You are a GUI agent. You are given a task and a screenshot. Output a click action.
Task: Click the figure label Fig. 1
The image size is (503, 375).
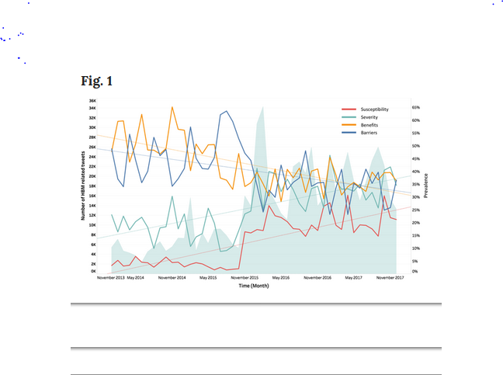point(97,81)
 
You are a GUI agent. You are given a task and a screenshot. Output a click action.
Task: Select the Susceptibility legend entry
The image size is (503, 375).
point(374,109)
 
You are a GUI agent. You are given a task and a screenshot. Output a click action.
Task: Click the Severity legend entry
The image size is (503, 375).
point(369,117)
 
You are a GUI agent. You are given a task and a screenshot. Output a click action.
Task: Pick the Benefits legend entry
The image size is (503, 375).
point(369,125)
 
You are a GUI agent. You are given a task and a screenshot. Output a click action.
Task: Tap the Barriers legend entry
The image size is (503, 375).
point(369,133)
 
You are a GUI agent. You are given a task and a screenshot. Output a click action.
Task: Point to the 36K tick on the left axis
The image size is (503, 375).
point(92,101)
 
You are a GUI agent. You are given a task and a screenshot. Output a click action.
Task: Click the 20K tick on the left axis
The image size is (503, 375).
point(92,176)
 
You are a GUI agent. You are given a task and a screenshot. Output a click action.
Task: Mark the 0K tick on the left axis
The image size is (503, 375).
point(93,272)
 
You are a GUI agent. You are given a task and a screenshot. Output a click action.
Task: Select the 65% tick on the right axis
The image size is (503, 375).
point(416,107)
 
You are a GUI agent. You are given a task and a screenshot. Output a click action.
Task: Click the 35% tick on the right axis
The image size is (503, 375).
point(416,184)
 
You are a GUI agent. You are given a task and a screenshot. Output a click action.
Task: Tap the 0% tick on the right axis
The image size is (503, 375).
point(415,272)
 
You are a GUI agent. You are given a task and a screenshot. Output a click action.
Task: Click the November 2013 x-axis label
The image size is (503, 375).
point(109,277)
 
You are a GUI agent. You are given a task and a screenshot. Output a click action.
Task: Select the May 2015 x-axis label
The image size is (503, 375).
point(208,277)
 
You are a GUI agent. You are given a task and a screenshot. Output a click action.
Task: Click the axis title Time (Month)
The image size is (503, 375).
point(255,285)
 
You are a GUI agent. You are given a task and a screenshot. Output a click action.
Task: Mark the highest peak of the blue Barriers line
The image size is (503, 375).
point(226,111)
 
